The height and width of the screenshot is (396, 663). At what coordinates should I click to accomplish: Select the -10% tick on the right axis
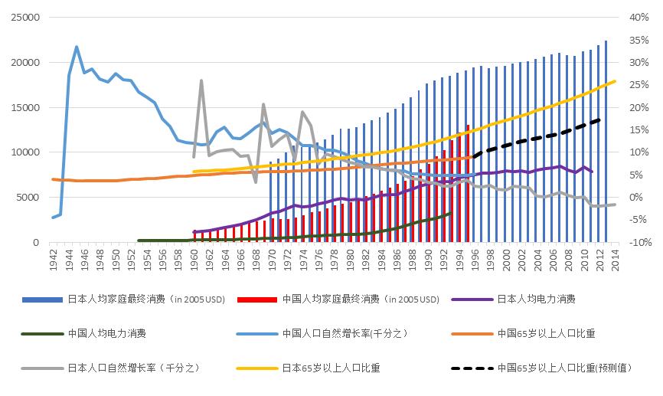(637, 242)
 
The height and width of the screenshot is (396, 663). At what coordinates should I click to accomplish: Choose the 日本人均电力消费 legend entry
(536, 299)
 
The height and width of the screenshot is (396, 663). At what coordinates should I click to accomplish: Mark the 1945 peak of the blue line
(77, 47)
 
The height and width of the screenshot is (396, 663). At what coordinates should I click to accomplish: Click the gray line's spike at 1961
(201, 80)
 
